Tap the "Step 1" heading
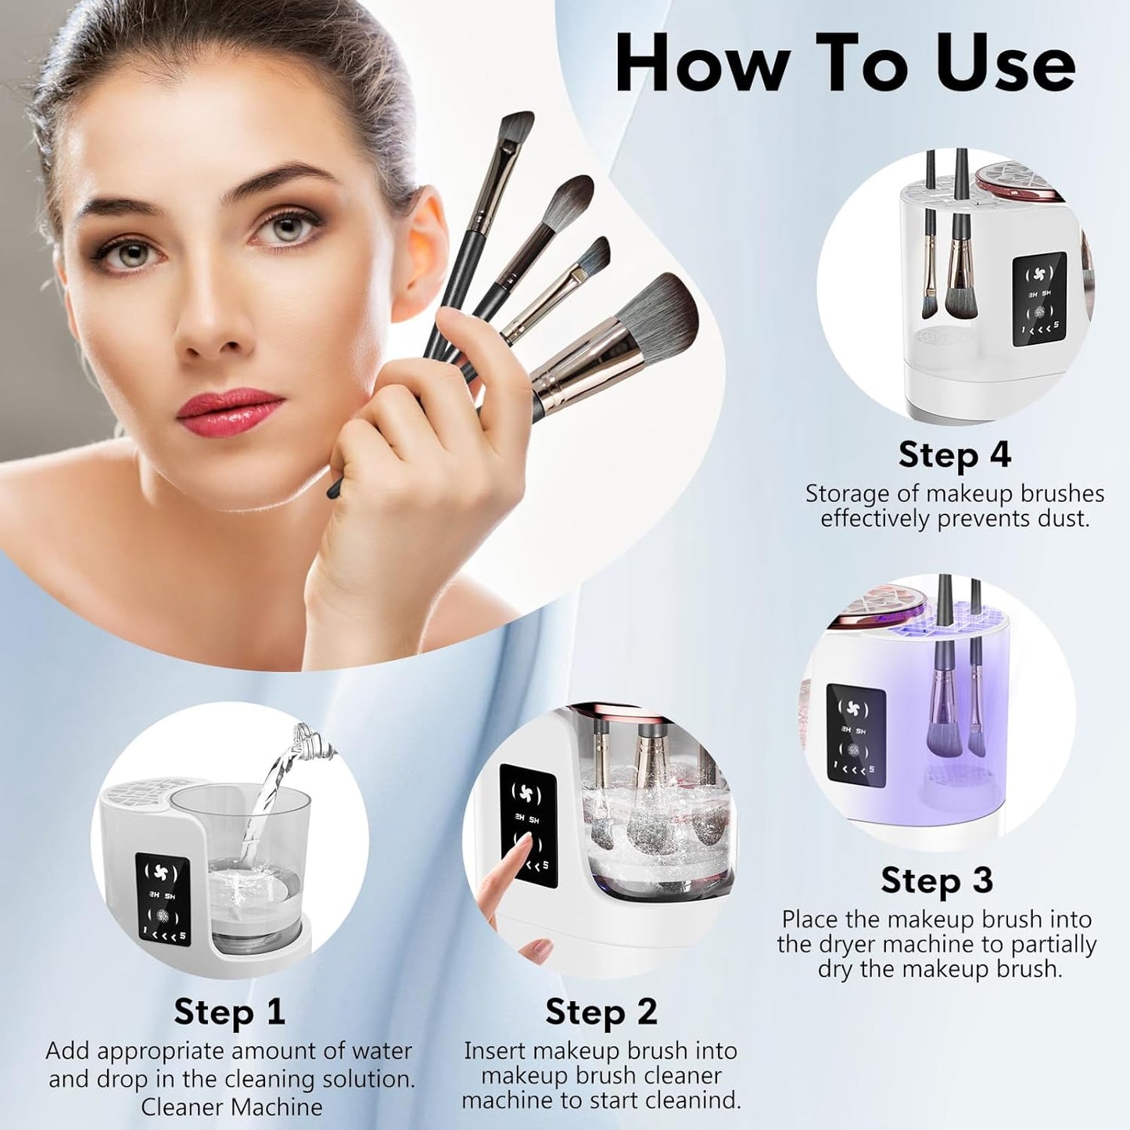229,1011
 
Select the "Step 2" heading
601,1011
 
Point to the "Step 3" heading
937,880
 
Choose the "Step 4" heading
954,454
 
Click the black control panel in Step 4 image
1039,298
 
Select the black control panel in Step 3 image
856,733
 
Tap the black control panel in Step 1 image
162,899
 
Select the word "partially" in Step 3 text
1053,944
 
